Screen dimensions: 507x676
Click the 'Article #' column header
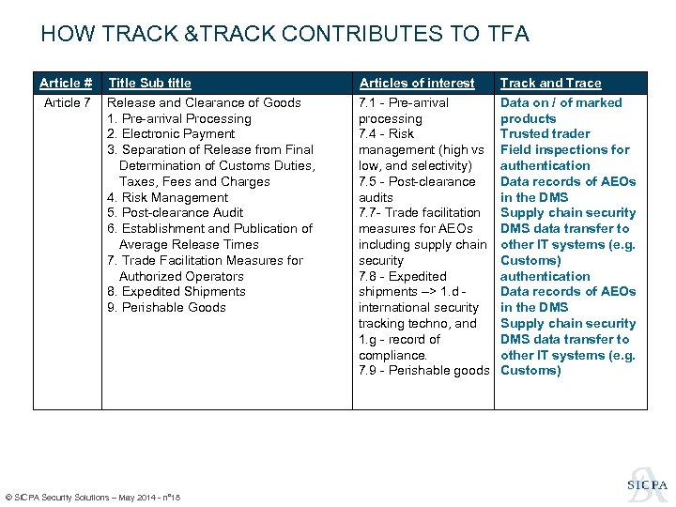[x=66, y=83]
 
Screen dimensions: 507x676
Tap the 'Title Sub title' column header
[x=149, y=83]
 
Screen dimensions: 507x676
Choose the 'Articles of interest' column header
[x=417, y=83]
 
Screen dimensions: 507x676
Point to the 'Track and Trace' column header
[x=550, y=83]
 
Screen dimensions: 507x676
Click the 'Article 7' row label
[x=68, y=102]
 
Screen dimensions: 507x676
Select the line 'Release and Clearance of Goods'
[x=204, y=102]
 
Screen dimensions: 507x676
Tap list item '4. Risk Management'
[x=167, y=197]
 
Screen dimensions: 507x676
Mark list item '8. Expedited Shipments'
[x=176, y=292]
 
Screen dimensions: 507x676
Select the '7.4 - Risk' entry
[x=387, y=134]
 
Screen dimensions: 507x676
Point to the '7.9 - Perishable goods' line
[x=423, y=371]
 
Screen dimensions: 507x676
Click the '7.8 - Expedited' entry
[x=403, y=276]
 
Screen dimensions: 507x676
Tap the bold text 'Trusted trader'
[x=545, y=134]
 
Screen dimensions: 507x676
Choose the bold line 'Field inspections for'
[x=565, y=150]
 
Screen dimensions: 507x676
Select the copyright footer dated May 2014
[x=93, y=497]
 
